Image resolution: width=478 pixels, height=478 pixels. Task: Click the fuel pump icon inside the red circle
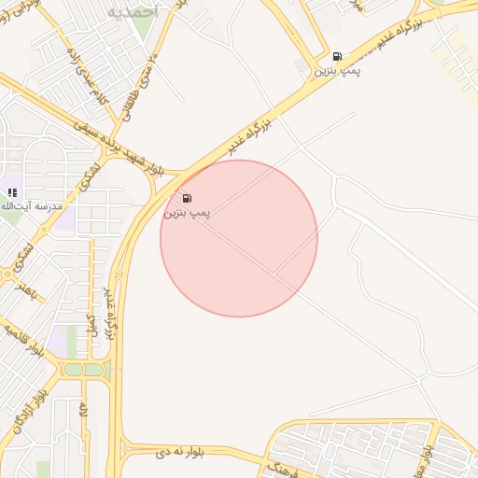tap(188, 198)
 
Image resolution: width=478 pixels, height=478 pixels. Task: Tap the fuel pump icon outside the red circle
tap(336, 56)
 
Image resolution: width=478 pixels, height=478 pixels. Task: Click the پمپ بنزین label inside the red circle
tap(188, 214)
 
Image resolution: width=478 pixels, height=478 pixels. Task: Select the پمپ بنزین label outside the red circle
tap(336, 71)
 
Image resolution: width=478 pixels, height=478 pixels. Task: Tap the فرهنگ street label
tap(280, 466)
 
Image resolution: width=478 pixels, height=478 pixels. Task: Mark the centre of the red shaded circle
tap(239, 238)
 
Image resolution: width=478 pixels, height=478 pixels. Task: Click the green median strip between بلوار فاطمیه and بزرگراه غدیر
tap(84, 370)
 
